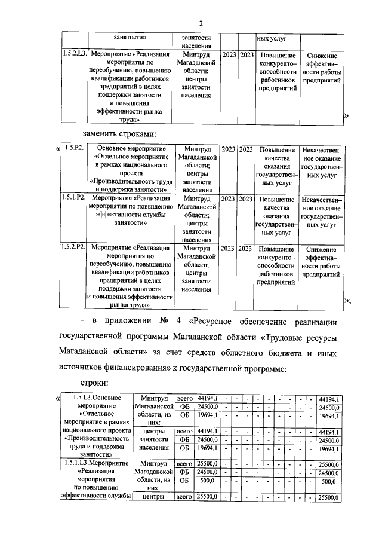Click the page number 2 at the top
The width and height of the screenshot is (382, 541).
pos(201,24)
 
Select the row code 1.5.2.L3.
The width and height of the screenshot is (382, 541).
pos(75,54)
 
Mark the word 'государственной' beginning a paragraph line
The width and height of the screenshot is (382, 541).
pos(96,339)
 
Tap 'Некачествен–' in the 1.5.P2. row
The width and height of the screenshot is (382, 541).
pos(323,149)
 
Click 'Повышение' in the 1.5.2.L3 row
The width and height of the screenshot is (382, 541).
pos(278,55)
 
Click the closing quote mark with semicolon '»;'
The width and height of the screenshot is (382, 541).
pos(347,301)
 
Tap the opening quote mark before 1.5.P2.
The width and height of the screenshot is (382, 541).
pos(57,149)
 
